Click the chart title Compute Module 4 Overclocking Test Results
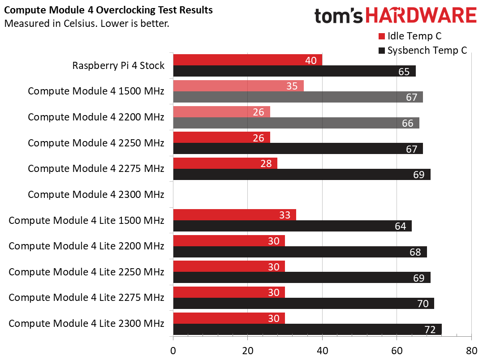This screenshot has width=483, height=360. tap(108, 9)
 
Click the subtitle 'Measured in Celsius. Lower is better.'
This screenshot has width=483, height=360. tap(86, 23)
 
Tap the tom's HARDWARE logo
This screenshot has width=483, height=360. tap(395, 16)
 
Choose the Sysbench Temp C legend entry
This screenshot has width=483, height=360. tap(423, 50)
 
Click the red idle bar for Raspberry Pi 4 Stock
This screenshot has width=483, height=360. tap(247, 60)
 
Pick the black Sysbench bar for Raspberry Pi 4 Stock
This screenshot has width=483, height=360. tap(294, 71)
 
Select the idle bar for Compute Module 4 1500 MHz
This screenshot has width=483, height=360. tap(238, 86)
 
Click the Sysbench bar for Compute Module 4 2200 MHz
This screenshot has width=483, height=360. tap(296, 123)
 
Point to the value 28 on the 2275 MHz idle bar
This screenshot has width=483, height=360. tap(266, 163)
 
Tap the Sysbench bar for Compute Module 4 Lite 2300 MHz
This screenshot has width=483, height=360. tap(307, 330)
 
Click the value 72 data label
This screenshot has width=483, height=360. tap(430, 330)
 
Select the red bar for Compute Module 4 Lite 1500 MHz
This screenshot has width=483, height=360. tap(234, 215)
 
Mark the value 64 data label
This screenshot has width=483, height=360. tap(400, 226)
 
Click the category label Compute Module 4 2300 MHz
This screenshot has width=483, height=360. tap(96, 194)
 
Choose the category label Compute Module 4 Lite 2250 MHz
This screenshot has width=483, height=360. tap(86, 272)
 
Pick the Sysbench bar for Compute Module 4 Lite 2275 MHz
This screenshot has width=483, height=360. tap(303, 304)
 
